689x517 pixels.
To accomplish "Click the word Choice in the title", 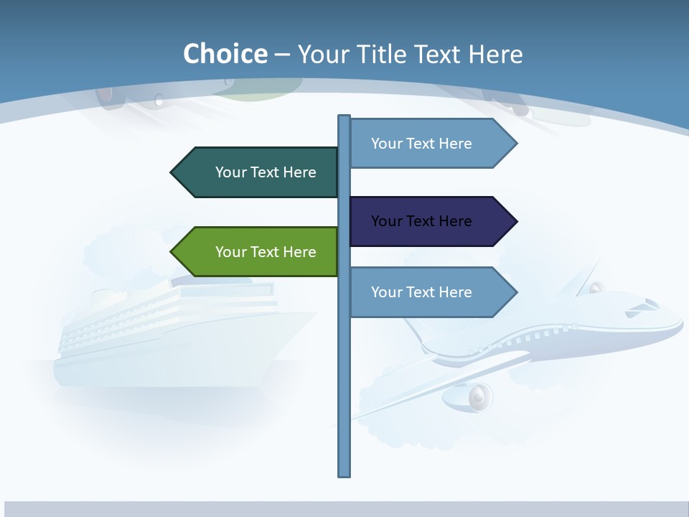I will [225, 54].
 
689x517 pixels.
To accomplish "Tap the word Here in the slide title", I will [496, 54].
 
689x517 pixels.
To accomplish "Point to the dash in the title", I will [282, 55].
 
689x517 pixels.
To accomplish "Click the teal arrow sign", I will [258, 172].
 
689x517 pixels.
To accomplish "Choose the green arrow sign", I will [258, 252].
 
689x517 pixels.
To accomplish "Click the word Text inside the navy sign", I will [421, 221].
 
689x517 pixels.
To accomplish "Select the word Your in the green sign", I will [230, 252].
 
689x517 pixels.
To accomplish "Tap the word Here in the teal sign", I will [299, 172].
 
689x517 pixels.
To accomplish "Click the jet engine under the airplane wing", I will [477, 396].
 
